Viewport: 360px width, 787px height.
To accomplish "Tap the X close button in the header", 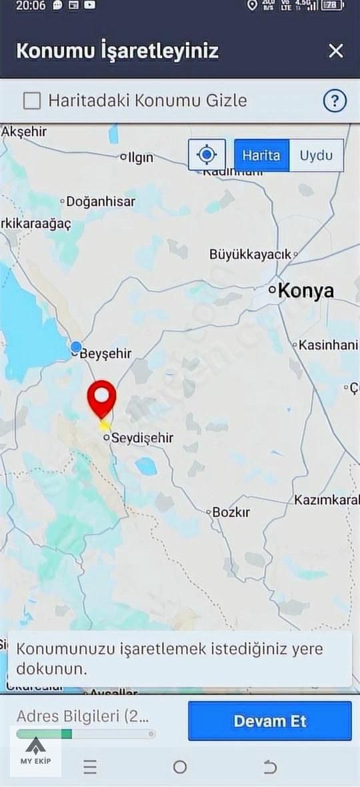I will tap(336, 51).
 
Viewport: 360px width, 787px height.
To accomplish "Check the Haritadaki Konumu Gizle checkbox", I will tap(32, 101).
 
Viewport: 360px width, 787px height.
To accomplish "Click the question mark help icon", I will tap(335, 101).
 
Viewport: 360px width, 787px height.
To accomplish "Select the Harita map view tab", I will tap(261, 155).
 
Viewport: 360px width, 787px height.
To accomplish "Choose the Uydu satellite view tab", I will tap(316, 155).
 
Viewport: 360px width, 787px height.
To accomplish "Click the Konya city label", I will tap(305, 291).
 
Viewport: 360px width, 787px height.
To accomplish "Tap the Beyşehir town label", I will tap(105, 354).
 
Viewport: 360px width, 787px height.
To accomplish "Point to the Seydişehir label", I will tap(142, 438).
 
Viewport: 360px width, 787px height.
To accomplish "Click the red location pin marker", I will tap(102, 398).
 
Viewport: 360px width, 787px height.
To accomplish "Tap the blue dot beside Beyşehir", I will tap(76, 347).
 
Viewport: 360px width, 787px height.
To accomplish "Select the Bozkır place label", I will tap(231, 512).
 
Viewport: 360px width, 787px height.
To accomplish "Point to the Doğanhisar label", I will tap(101, 201).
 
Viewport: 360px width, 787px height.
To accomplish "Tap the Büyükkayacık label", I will tap(251, 254).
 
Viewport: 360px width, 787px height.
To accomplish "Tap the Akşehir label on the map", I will tap(25, 132).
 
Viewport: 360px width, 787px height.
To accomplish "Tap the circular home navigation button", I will tap(180, 767).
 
